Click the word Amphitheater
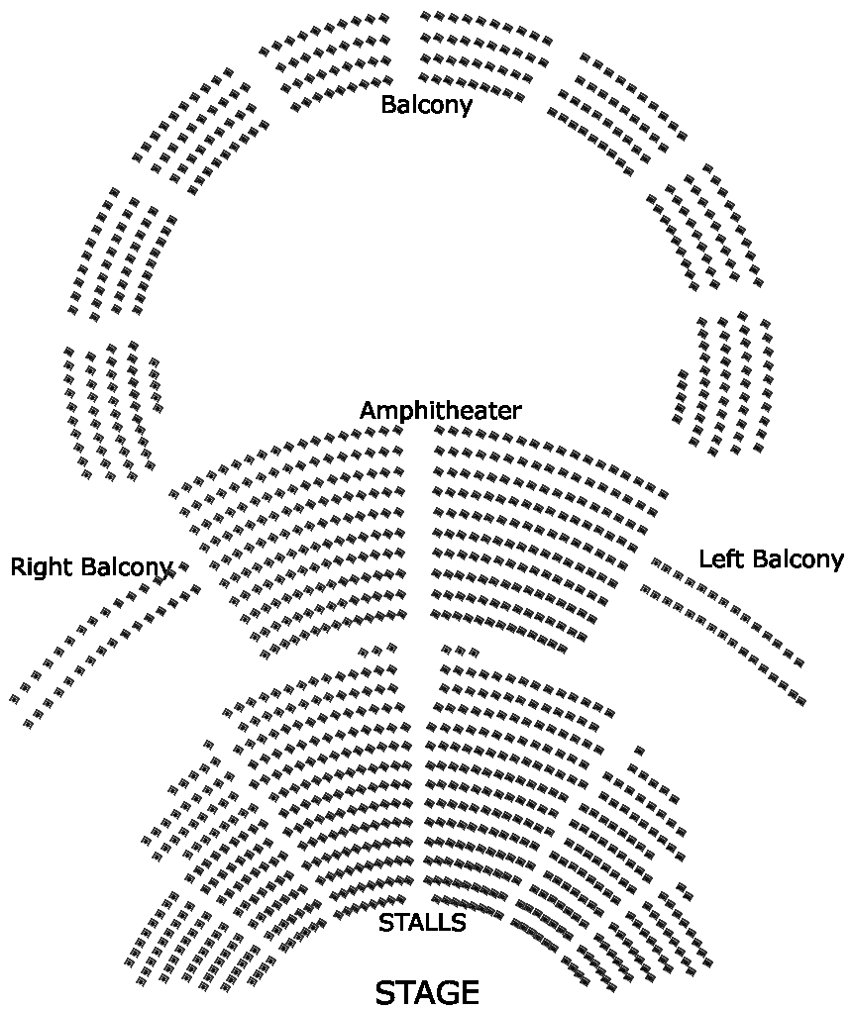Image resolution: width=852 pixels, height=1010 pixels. pos(440,410)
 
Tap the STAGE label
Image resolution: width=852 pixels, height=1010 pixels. pos(427,992)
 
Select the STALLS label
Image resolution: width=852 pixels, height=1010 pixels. pos(422,923)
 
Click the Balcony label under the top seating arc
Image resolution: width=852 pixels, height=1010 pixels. pos(426,104)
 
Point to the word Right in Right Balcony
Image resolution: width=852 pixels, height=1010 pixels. pos(43,567)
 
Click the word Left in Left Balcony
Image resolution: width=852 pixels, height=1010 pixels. pos(720,558)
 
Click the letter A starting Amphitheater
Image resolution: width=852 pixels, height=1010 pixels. pos(368,410)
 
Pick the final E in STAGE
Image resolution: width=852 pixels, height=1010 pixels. pos(469,992)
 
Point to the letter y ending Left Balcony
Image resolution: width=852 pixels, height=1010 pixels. pos(837,561)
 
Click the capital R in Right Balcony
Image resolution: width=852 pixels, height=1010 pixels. pos(18,567)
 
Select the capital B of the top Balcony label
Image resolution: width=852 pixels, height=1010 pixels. pos(388,104)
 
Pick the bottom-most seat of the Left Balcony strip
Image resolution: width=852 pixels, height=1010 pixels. pos(800,701)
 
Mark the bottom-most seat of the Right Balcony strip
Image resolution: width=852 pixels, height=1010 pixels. pos(28,724)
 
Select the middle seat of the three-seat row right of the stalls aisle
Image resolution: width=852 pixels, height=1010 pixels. pos(460,651)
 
